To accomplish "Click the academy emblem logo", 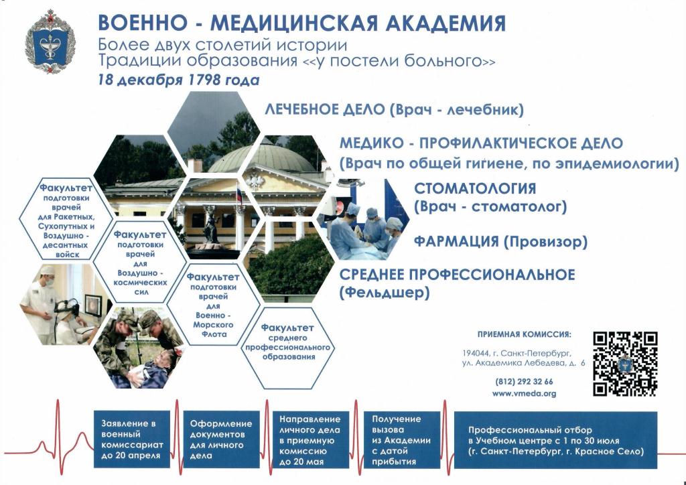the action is (x=50, y=41).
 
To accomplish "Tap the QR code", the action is (x=626, y=364).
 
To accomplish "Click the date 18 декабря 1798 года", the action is (x=178, y=80).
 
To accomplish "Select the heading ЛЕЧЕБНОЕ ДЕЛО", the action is (x=324, y=109).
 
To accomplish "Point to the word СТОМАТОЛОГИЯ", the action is (x=475, y=188).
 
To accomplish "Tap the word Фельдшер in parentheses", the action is (x=385, y=292).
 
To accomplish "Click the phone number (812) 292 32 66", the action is (x=524, y=381).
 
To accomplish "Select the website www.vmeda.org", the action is (x=524, y=393).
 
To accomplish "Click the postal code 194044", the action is (x=474, y=353).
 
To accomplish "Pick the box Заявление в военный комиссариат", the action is (x=132, y=439).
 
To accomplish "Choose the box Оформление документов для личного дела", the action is (x=221, y=439).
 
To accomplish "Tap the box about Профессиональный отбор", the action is (x=555, y=440).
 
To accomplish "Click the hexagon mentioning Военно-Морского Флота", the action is (x=214, y=305).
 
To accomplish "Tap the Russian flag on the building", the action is (x=239, y=196).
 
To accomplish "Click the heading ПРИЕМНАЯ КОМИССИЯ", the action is (x=524, y=334).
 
